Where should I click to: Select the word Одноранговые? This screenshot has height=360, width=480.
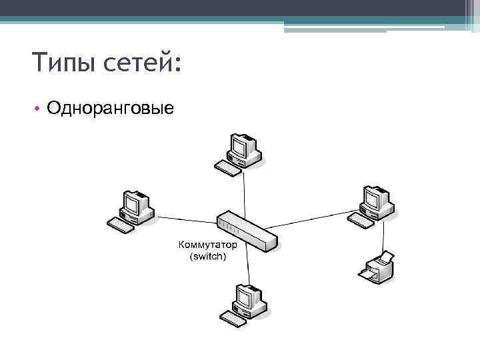[x=111, y=107]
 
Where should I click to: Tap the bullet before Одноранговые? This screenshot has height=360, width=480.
[x=39, y=108]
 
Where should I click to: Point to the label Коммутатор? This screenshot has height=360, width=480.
[x=208, y=245]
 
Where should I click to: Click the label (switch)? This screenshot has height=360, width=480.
[x=208, y=256]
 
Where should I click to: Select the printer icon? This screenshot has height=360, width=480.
[x=377, y=266]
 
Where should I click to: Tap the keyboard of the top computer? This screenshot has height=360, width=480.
[x=227, y=169]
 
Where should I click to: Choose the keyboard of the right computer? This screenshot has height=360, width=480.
[x=361, y=220]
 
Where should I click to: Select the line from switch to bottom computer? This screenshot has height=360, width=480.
[x=249, y=267]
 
